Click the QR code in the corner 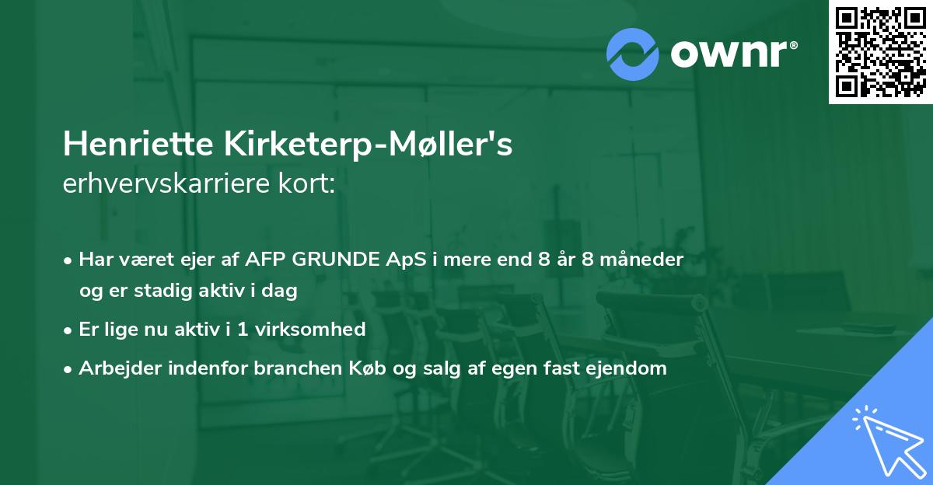pyautogui.click(x=881, y=52)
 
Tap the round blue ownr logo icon pyautogui.click(x=633, y=54)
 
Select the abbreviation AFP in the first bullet pyautogui.click(x=264, y=260)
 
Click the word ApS pyautogui.click(x=406, y=260)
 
